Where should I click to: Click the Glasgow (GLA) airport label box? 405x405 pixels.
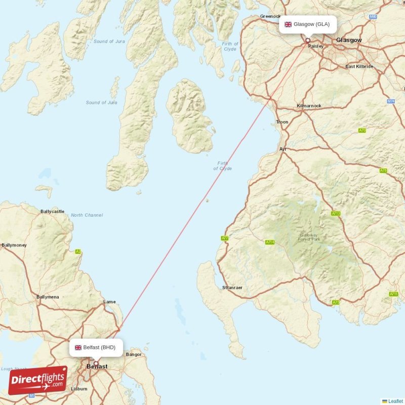(x=307, y=24)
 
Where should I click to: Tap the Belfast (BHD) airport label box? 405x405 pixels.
(x=96, y=347)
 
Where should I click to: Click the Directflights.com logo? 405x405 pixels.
(x=37, y=380)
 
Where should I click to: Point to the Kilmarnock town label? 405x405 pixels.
(x=309, y=106)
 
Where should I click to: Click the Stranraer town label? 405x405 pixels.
(x=232, y=288)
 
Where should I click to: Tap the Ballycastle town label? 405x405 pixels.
(x=53, y=211)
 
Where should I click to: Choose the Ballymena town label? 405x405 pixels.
(x=48, y=297)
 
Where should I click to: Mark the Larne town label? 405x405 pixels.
(x=109, y=302)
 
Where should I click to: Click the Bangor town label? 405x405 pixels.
(x=134, y=354)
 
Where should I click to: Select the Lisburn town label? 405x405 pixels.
(x=79, y=389)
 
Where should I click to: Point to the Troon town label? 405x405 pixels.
(x=282, y=122)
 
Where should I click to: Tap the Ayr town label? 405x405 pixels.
(x=282, y=149)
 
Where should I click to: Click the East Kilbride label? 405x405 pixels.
(x=359, y=66)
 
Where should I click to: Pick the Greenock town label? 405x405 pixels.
(x=270, y=16)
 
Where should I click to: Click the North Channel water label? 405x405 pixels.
(x=87, y=215)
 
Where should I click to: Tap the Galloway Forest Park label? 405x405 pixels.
(x=308, y=237)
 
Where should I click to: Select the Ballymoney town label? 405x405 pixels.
(x=14, y=245)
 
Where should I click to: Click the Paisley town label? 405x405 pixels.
(x=316, y=46)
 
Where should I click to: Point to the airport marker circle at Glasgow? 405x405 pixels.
(x=307, y=40)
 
